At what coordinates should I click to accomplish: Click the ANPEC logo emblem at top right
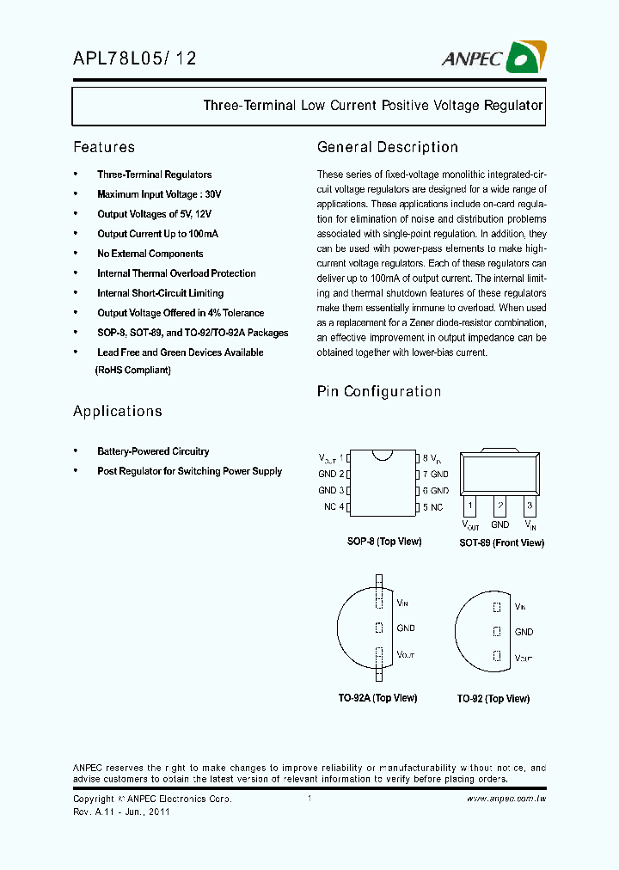tap(526, 58)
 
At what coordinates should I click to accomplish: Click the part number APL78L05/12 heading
tap(135, 58)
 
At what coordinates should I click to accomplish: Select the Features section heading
tap(104, 147)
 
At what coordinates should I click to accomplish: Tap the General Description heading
tap(388, 147)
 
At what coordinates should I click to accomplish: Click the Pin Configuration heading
tap(379, 391)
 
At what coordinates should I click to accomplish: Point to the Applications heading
tap(118, 411)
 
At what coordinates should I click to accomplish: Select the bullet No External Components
tap(150, 254)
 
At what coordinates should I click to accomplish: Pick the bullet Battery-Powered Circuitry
tap(153, 451)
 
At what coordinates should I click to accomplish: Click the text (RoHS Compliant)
tap(132, 370)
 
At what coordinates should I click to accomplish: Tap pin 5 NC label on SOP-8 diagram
tap(432, 507)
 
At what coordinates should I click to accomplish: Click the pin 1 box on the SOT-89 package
tap(470, 505)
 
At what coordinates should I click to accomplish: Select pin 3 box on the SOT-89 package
tap(530, 505)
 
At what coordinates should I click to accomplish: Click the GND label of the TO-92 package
tap(524, 632)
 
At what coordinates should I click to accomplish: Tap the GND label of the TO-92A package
tap(405, 628)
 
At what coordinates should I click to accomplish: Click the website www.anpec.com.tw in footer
tap(506, 799)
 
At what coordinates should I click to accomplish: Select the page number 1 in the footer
tap(309, 799)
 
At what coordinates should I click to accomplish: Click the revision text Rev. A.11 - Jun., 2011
tap(121, 812)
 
